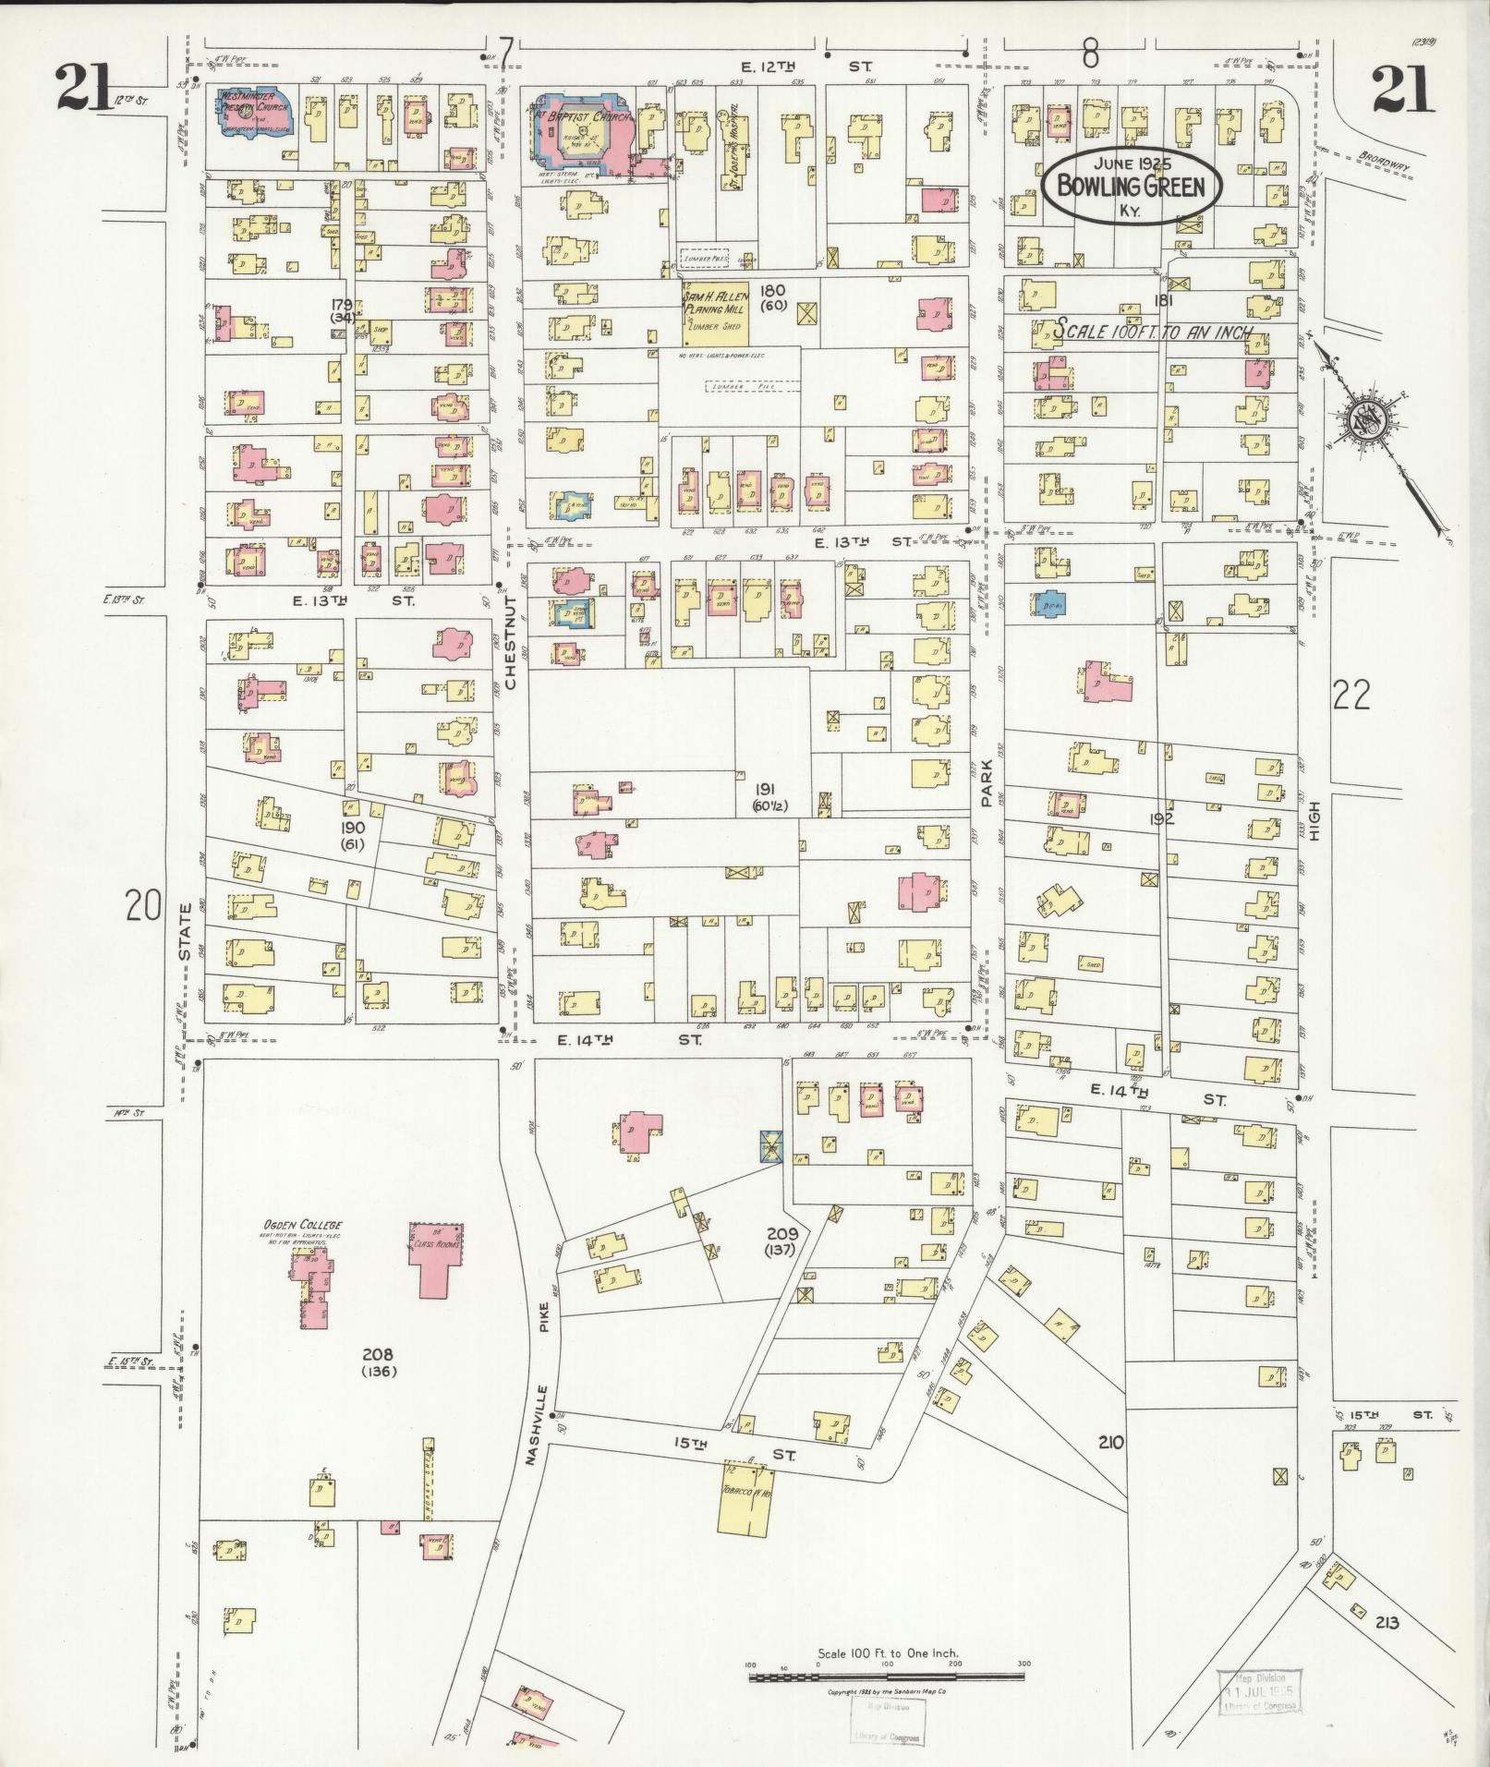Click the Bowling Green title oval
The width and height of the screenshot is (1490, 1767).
click(1132, 188)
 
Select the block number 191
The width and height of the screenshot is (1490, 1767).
click(764, 789)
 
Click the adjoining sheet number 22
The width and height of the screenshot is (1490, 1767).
click(1351, 696)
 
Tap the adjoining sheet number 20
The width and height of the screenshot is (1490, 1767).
click(144, 906)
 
